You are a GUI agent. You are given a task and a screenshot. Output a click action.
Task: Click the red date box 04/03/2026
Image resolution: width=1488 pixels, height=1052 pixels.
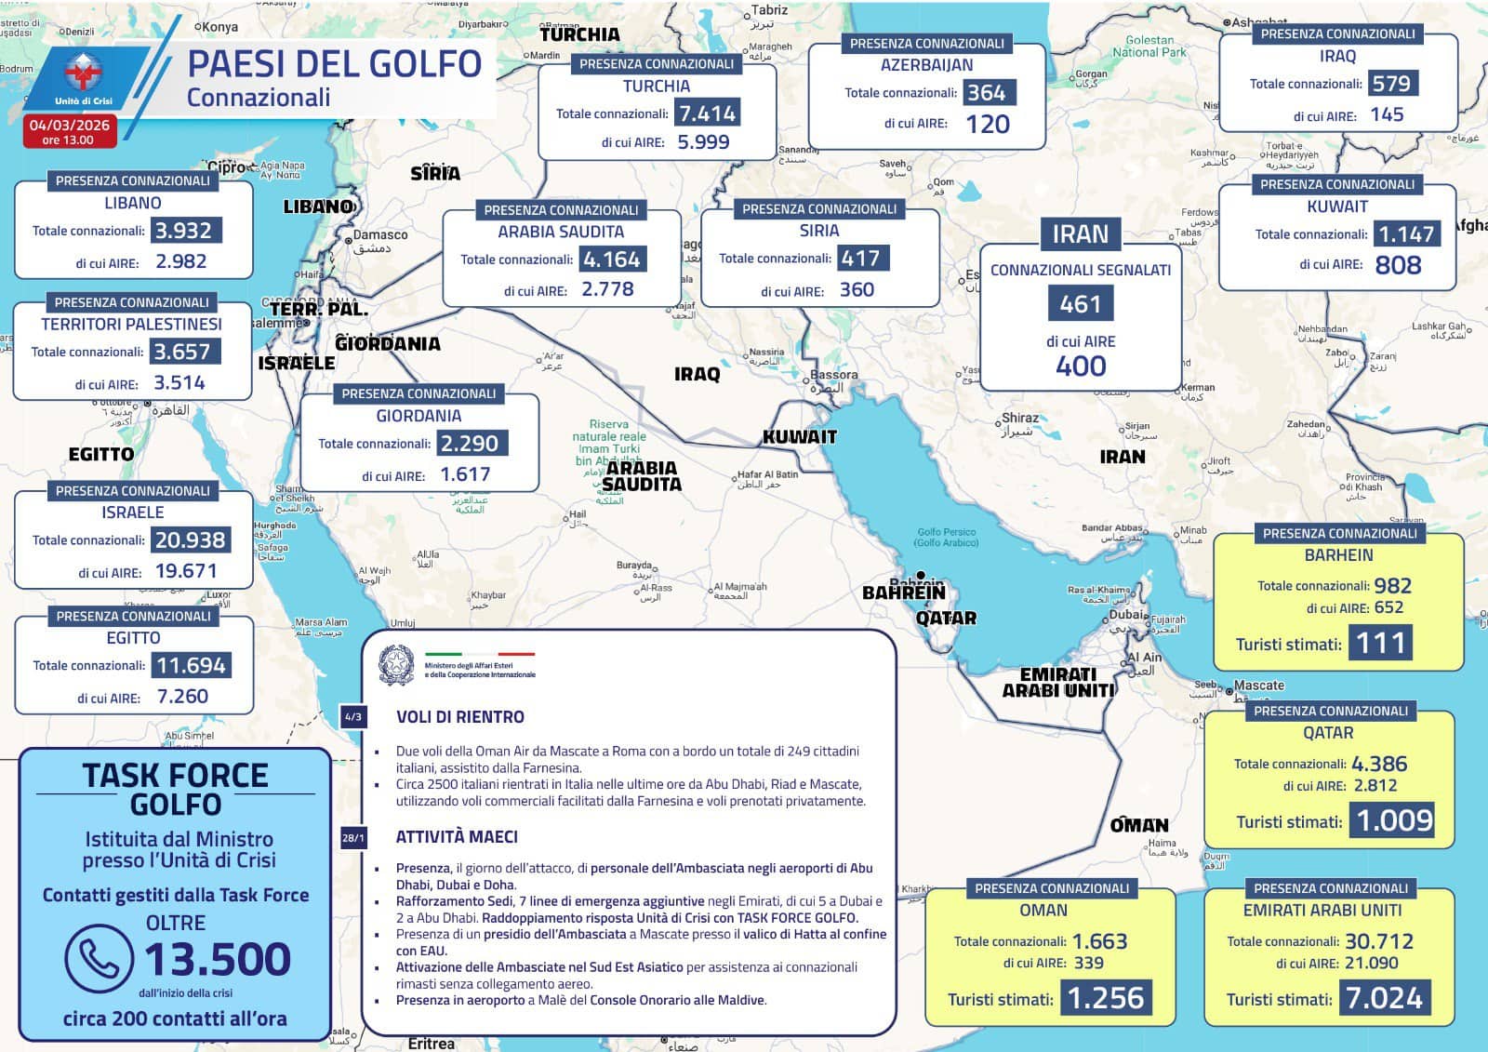point(69,131)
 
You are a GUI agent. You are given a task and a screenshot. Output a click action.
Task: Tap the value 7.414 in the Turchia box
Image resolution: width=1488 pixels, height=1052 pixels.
point(708,113)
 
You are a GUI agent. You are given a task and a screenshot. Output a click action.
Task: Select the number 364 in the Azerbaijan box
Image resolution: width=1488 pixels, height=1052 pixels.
point(986,92)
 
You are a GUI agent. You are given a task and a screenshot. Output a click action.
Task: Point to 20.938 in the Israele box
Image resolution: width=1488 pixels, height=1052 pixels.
point(190,539)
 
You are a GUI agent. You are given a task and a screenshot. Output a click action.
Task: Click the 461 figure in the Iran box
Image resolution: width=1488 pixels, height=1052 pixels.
point(1080,304)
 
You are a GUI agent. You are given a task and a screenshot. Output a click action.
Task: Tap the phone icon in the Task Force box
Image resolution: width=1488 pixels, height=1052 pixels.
point(98,958)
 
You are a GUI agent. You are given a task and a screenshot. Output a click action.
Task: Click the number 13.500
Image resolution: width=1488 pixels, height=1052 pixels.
point(218,959)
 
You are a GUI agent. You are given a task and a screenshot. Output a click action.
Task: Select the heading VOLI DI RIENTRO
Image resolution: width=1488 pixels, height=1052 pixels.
point(459,717)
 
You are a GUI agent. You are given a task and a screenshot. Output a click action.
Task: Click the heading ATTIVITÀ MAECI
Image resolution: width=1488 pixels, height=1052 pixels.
point(457,836)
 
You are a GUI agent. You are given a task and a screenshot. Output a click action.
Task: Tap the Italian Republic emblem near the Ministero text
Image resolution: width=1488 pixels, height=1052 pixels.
point(397,665)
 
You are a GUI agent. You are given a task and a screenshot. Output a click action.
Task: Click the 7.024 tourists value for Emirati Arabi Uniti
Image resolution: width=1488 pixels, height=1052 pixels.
point(1384,998)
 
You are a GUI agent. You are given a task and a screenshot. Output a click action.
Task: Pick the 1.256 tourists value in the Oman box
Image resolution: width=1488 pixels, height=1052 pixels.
point(1105,998)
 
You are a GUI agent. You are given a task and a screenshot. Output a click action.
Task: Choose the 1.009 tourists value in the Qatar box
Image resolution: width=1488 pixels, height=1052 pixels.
point(1394,820)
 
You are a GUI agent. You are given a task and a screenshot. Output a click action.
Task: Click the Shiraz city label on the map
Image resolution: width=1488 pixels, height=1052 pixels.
point(1019,419)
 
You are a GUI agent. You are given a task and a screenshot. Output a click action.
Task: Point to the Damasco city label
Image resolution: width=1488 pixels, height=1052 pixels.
point(380,234)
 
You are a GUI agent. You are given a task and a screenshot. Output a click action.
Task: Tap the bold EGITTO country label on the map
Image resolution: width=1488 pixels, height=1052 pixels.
point(101,454)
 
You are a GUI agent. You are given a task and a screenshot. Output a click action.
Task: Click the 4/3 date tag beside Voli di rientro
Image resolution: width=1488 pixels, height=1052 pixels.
point(353,717)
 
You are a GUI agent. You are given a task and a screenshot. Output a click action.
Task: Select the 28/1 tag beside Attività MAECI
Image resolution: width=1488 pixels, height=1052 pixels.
point(353,838)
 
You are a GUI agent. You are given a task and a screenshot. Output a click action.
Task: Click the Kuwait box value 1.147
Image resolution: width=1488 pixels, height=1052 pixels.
point(1406,233)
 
